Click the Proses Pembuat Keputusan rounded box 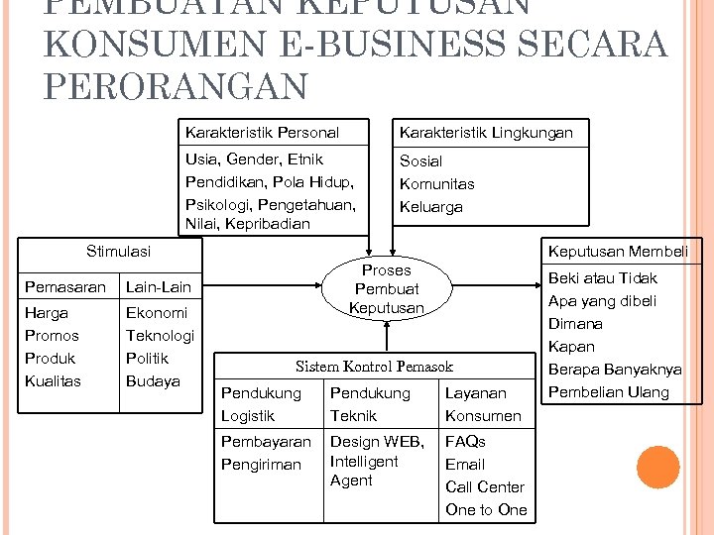[386, 288]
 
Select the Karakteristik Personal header [262, 132]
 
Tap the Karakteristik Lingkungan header [486, 132]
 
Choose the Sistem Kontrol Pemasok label [374, 366]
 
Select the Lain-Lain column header [158, 287]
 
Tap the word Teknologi [160, 336]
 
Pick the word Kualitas [53, 381]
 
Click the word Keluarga [430, 207]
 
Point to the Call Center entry [485, 486]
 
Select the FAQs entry [465, 441]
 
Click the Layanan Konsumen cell [483, 404]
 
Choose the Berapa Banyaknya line [616, 369]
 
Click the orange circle [657, 468]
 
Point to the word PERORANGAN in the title [176, 86]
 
